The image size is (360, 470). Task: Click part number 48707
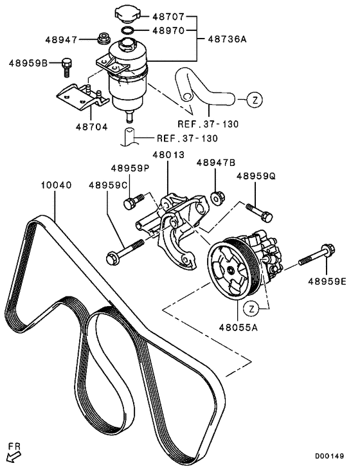click(169, 15)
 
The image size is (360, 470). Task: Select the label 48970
click(169, 30)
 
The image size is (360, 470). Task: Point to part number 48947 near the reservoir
click(61, 40)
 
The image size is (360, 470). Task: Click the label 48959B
click(27, 63)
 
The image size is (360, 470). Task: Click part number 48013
click(168, 156)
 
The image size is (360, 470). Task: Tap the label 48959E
click(327, 280)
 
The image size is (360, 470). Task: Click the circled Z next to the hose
click(255, 100)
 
